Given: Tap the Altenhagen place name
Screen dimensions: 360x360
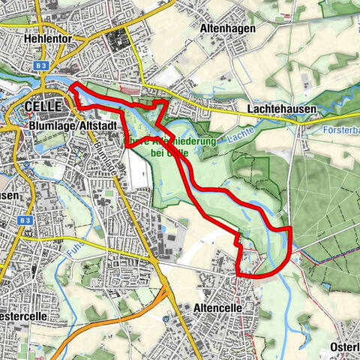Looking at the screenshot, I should [228, 28].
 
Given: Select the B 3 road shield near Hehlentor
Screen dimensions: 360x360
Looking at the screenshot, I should [41, 66].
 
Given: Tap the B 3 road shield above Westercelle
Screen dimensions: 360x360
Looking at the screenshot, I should [25, 220].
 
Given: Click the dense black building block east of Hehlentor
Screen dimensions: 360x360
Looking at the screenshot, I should [120, 41].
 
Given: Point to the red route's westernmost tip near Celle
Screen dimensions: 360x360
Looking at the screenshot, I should [70, 88].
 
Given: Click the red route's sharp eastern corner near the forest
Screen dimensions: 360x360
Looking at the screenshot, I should [289, 226].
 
